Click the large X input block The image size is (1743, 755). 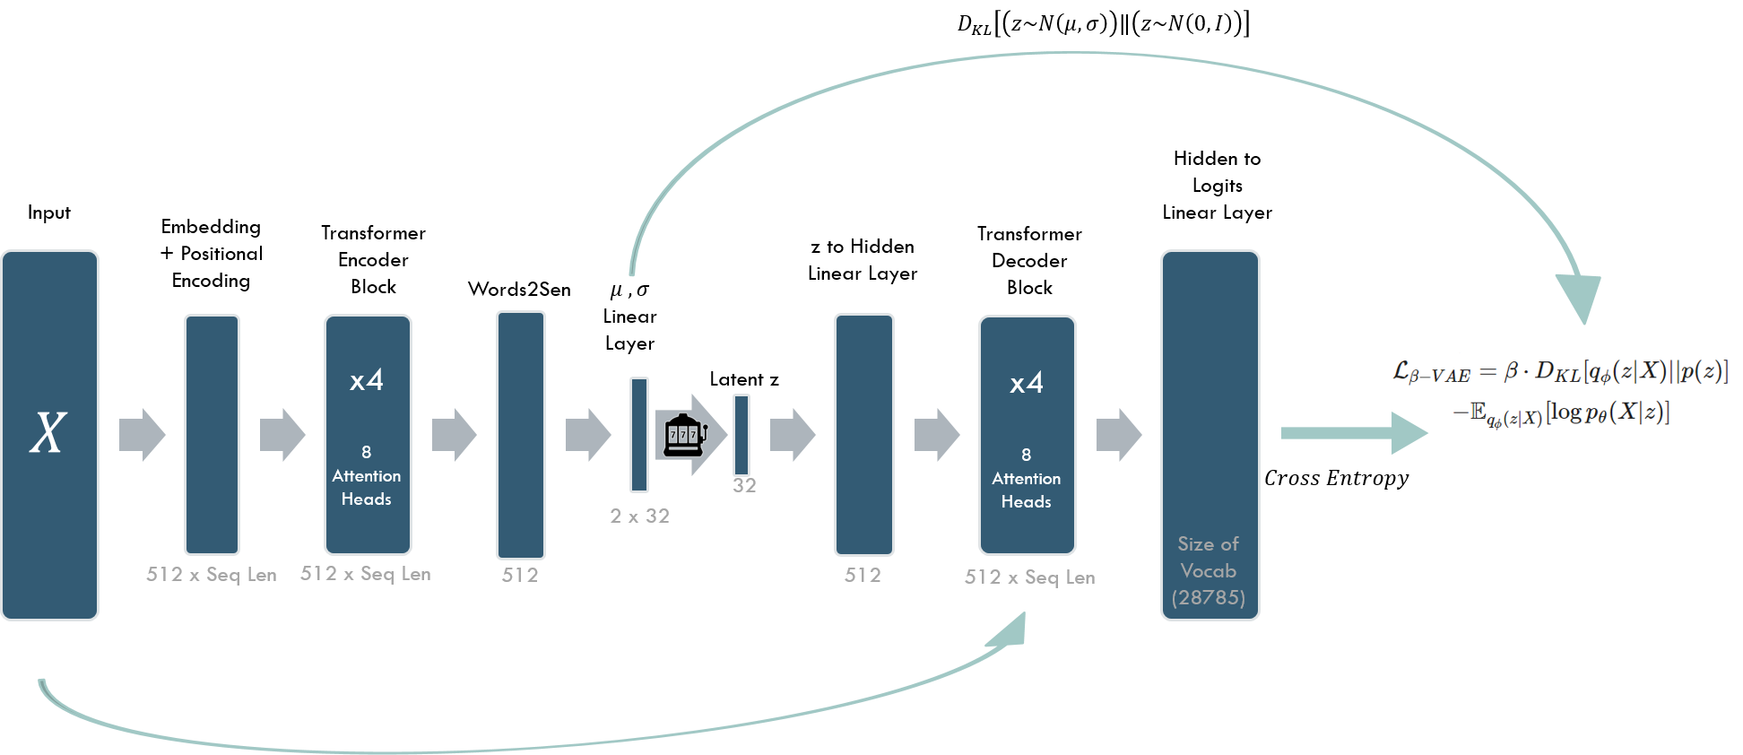(x=49, y=435)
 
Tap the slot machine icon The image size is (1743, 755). (x=684, y=434)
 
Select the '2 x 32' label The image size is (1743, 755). (x=639, y=516)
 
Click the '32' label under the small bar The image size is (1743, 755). (x=744, y=486)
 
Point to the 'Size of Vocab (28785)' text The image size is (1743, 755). (x=1209, y=570)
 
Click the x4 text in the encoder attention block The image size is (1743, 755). (x=367, y=380)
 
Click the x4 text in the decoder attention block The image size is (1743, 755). (x=1027, y=384)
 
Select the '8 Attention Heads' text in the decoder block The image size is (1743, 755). (x=1027, y=479)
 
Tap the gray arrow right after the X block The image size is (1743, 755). (x=143, y=435)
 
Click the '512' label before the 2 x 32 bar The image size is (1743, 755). (x=520, y=576)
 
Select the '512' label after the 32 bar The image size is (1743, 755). (x=863, y=576)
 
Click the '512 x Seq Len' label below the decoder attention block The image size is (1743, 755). (x=1029, y=577)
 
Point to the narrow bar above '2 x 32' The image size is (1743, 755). (x=638, y=435)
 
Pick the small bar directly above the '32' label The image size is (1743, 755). (x=741, y=435)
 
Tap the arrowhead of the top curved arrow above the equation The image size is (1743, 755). (x=1580, y=298)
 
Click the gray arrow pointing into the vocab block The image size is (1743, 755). (x=1119, y=435)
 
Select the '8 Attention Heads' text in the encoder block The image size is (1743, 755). (x=367, y=476)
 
